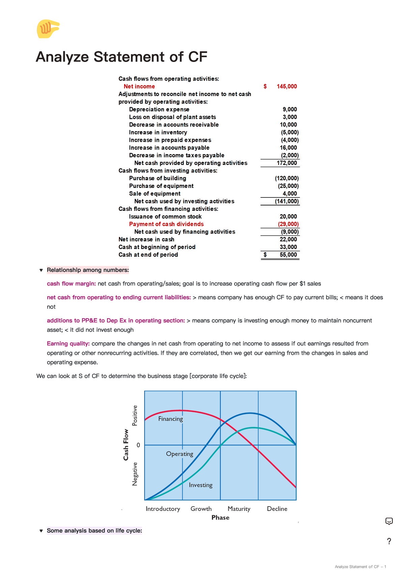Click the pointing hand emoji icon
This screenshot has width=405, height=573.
click(x=48, y=29)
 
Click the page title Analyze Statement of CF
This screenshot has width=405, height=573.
click(x=121, y=57)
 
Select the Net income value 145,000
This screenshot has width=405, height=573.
click(x=287, y=86)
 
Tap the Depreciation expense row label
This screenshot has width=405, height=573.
click(x=159, y=109)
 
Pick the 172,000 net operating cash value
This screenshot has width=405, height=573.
click(x=287, y=163)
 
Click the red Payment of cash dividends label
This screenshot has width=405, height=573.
click(x=166, y=224)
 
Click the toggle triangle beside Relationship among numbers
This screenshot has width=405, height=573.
click(x=41, y=270)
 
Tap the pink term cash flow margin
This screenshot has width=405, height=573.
click(x=71, y=284)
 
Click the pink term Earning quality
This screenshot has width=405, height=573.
click(x=68, y=344)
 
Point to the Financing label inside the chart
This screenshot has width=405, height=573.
click(x=170, y=419)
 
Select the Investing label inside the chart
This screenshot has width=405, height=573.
click(x=200, y=485)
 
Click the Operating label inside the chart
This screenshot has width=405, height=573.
click(x=180, y=454)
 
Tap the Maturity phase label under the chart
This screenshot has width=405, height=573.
click(x=239, y=509)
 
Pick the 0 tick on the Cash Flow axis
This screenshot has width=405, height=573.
click(x=138, y=445)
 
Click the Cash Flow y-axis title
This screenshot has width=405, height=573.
click(x=126, y=444)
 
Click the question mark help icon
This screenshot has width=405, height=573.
click(x=389, y=541)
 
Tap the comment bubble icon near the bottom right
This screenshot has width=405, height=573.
click(x=389, y=521)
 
